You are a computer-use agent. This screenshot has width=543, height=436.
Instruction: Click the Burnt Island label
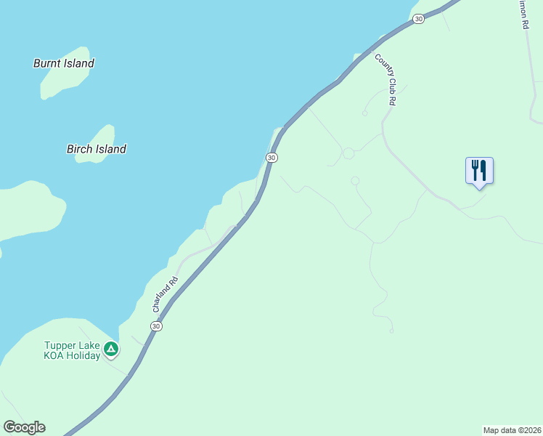click(x=64, y=63)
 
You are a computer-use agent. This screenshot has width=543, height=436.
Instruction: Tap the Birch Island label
click(x=97, y=149)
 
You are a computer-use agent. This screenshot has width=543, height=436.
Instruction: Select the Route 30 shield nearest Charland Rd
click(x=156, y=326)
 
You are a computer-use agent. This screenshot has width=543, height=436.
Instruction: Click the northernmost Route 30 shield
click(x=418, y=19)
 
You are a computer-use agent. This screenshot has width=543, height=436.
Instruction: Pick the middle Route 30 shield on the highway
click(x=271, y=157)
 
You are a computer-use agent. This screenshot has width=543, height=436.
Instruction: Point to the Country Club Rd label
click(x=385, y=80)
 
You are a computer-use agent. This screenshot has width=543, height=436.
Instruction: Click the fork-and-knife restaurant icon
click(x=479, y=171)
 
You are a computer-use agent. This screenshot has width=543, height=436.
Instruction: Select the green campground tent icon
click(x=110, y=350)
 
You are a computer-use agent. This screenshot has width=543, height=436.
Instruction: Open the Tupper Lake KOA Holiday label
click(x=71, y=350)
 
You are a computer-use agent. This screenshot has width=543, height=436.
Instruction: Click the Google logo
click(x=24, y=427)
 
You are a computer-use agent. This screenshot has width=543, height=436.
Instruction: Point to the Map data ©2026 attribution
click(x=512, y=430)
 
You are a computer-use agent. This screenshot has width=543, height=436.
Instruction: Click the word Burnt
click(x=47, y=63)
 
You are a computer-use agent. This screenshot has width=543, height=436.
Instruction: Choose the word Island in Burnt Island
click(x=79, y=63)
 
